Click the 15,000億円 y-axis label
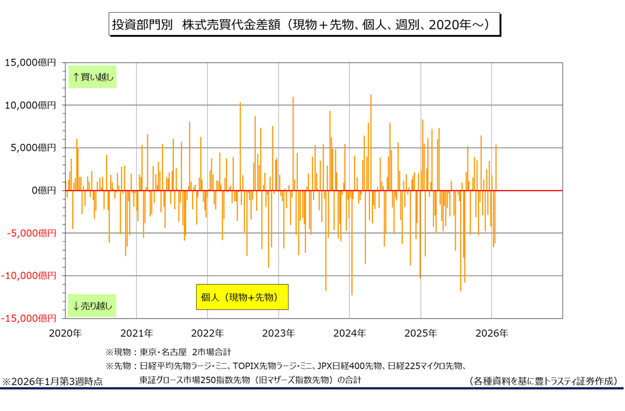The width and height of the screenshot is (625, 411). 30,63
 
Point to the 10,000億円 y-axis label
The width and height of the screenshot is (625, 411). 30,105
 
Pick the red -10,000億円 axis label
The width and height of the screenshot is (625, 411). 30,276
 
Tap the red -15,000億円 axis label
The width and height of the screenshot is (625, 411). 30,318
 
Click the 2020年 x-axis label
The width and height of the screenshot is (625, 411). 65,333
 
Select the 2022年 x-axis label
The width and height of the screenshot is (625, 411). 207,333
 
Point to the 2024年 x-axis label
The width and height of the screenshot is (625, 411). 349,333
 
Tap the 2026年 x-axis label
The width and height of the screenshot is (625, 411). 492,333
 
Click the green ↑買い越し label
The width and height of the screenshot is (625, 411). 93,76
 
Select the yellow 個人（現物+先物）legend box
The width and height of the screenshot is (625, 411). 242,296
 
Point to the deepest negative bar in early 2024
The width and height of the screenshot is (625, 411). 351,279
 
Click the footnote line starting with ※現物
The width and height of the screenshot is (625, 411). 169,352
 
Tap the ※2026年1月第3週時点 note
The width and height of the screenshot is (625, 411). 53,381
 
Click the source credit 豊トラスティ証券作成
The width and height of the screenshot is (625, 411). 542,381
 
